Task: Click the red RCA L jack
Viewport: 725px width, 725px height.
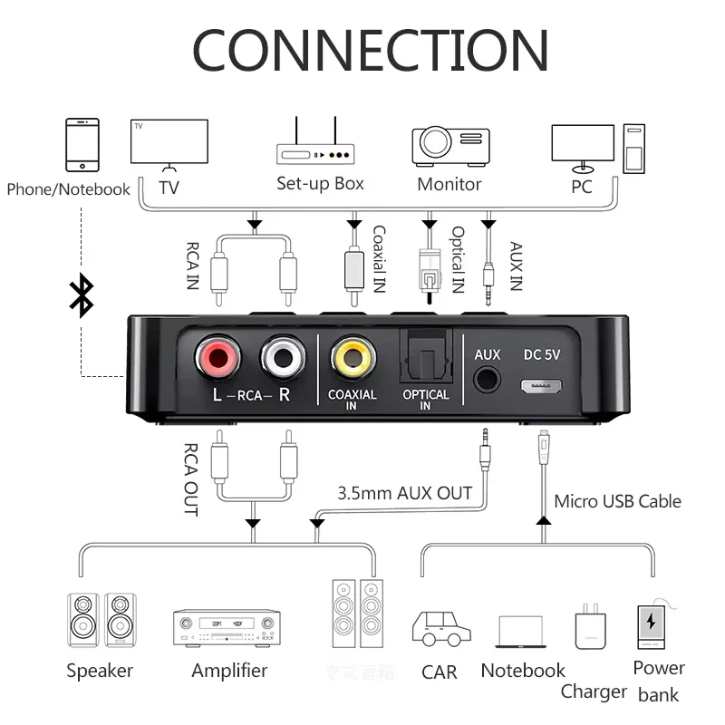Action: pos(217,359)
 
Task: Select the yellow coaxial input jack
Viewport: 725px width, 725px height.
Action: pos(353,359)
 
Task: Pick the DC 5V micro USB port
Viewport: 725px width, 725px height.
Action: pos(542,385)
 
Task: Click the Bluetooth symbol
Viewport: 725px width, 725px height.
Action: pos(82,296)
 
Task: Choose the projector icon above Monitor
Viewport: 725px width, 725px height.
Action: pos(450,145)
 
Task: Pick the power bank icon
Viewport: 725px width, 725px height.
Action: pos(651,626)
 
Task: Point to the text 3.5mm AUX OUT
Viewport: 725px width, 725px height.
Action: pos(404,493)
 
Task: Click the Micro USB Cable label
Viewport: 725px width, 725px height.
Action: pos(617,501)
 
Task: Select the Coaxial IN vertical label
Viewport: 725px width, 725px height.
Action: pos(379,258)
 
